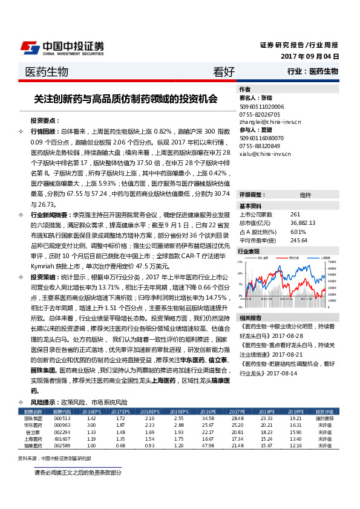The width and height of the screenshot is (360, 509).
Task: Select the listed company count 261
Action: click(x=295, y=215)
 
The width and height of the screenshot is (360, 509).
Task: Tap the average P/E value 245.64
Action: click(x=299, y=240)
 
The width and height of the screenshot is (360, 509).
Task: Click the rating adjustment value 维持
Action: click(x=305, y=195)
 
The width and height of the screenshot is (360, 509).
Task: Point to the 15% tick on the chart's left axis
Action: click(x=241, y=262)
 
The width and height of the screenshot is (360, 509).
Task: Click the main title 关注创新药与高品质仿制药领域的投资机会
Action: click(x=126, y=99)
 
